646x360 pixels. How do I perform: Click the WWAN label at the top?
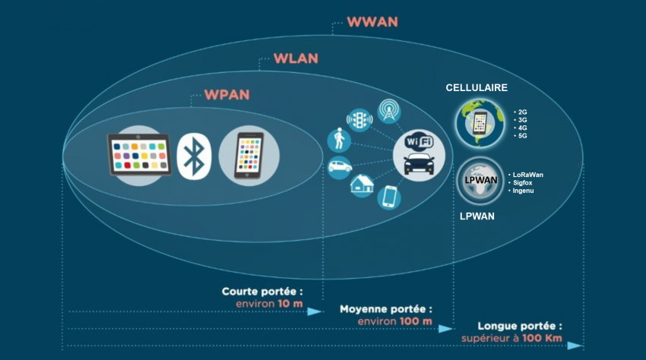pyautogui.click(x=372, y=21)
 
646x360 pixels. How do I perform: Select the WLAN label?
pyautogui.click(x=296, y=58)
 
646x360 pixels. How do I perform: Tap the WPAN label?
pyautogui.click(x=226, y=96)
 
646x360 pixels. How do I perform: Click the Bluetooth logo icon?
pyautogui.click(x=194, y=156)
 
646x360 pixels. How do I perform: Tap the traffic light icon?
pyautogui.click(x=359, y=120)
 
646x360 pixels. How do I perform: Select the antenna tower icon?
pyautogui.click(x=390, y=109)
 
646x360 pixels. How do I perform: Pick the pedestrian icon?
pyautogui.click(x=338, y=139)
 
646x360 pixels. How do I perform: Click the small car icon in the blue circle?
pyautogui.click(x=338, y=167)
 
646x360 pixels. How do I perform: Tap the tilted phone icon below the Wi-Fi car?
pyautogui.click(x=388, y=197)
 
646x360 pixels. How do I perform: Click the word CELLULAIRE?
pyautogui.click(x=476, y=88)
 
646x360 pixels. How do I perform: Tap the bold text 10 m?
pyautogui.click(x=289, y=304)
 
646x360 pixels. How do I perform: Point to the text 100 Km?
pyautogui.click(x=543, y=337)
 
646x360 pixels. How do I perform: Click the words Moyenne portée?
pyautogui.click(x=386, y=310)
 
